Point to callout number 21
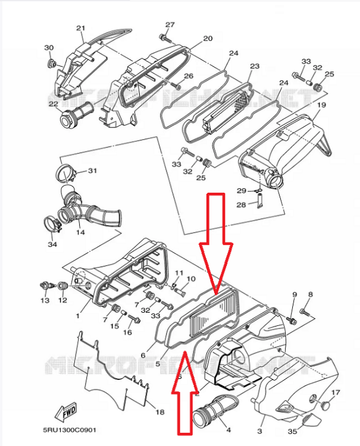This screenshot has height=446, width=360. pos(81,28)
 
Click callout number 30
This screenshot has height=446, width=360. pos(49,48)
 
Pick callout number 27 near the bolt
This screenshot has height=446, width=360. pos(170,24)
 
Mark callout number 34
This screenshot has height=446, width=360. pos(52,244)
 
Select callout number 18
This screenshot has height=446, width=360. pos(159,412)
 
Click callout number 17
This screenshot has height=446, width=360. pos(336,392)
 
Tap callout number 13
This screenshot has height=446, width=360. pos(45,301)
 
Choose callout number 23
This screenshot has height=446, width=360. pos(254,66)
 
